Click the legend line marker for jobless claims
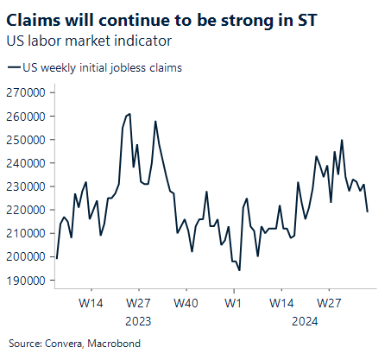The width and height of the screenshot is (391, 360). tap(13, 67)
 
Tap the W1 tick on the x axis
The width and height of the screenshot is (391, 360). tap(231, 304)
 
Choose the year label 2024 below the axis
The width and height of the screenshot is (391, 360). tap(303, 321)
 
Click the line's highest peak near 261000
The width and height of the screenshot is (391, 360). tap(129, 113)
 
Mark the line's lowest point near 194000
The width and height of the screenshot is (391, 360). tap(239, 270)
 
